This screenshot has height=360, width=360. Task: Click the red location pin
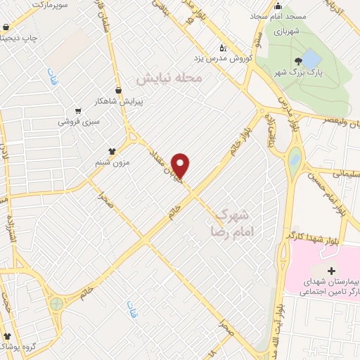click(181, 165)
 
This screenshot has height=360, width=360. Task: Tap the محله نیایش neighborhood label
click(169, 78)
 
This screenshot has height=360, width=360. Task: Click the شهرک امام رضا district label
click(231, 221)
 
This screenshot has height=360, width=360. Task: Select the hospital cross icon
click(331, 271)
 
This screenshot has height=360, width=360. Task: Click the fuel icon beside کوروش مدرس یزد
click(223, 48)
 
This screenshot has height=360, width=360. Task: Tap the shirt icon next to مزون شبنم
click(111, 150)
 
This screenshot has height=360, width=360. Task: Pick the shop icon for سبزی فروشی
click(77, 110)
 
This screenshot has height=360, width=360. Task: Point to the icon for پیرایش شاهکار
click(120, 90)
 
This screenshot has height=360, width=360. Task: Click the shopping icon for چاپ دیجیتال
click(6, 29)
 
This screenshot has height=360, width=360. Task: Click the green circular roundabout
click(56, 304)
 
